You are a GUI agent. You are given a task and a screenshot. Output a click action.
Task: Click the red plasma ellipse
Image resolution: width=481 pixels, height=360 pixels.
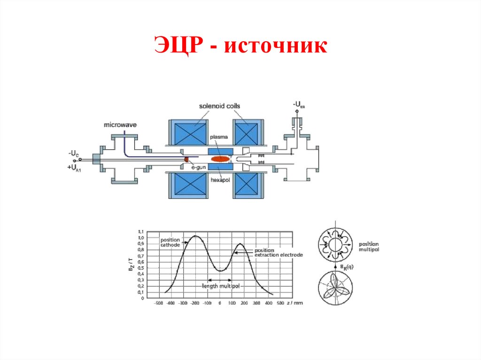pos(220,159)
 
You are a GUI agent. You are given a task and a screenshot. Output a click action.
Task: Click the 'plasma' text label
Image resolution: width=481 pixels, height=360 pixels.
pos(219,137)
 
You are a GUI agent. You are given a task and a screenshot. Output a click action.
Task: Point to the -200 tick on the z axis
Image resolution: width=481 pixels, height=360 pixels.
pos(195,303)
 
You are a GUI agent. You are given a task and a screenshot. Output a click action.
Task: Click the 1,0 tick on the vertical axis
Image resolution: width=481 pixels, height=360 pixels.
pos(140,237)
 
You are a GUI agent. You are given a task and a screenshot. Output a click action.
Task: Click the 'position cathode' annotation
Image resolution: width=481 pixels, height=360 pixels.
pos(170,243)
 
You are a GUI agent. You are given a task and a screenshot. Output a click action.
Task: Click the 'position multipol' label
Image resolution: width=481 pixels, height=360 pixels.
pos(369,247)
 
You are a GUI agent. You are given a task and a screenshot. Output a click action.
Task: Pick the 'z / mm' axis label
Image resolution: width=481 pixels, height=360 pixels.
pos(295,303)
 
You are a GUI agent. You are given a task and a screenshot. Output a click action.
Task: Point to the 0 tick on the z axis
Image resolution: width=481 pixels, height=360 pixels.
pos(220,303)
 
